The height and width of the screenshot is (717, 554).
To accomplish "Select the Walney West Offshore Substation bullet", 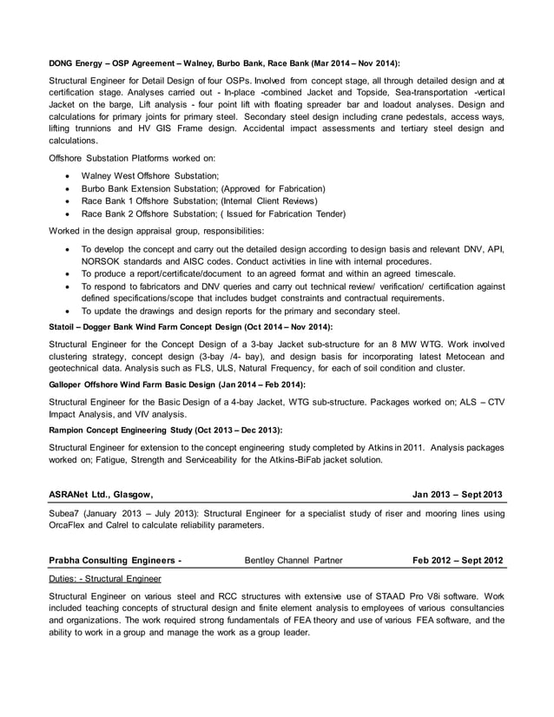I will pos(149,176).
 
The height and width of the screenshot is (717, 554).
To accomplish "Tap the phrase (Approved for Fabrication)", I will pos(274,188).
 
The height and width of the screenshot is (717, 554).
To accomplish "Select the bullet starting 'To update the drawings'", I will pos(240,310).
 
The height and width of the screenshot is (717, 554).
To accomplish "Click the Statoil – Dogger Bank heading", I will pos(190,327).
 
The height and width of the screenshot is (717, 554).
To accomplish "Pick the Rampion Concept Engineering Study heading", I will pos(165,430).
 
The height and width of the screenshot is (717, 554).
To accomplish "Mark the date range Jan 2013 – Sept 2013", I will pos(457,495).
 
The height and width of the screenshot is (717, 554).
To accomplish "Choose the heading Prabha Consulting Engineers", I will pos(115,560).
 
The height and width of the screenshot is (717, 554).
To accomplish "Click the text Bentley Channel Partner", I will pos(293,560).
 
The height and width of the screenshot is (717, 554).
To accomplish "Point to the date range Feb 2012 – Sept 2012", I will pos(457,560).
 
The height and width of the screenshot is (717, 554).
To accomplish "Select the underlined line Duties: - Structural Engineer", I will pos(103,577).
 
